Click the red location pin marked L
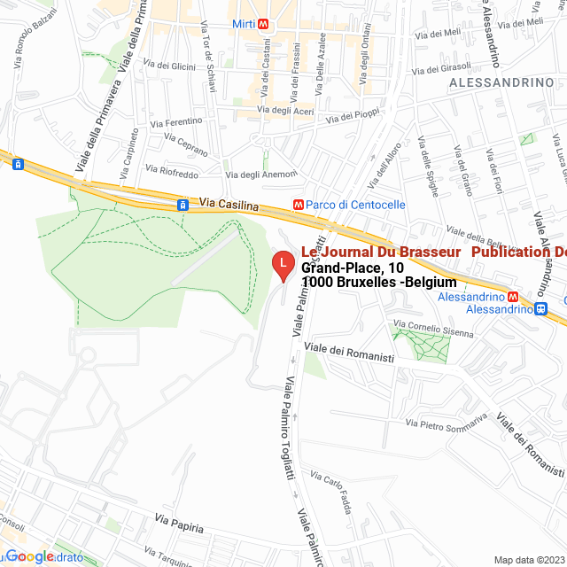click(x=282, y=263)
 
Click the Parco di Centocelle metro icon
click(x=299, y=205)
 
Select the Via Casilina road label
click(x=229, y=205)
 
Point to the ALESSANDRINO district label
click(x=501, y=82)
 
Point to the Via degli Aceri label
click(x=285, y=111)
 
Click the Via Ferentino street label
click(x=176, y=121)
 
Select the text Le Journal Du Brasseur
click(x=382, y=252)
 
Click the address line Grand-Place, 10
click(x=353, y=268)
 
